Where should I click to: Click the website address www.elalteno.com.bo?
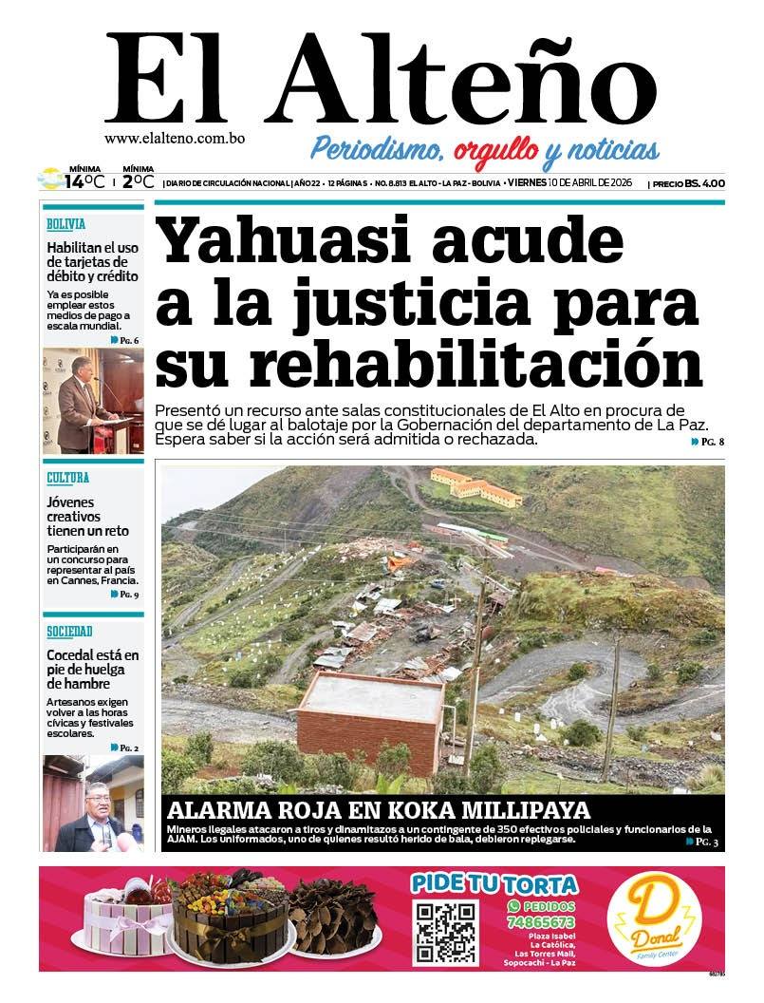click(x=175, y=138)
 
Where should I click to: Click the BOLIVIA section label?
click(x=66, y=224)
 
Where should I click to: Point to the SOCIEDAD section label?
click(x=69, y=632)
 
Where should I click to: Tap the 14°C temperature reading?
click(x=84, y=180)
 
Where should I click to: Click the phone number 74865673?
click(x=541, y=922)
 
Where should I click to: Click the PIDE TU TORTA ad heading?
click(x=494, y=884)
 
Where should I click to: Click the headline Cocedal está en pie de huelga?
click(x=93, y=669)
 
